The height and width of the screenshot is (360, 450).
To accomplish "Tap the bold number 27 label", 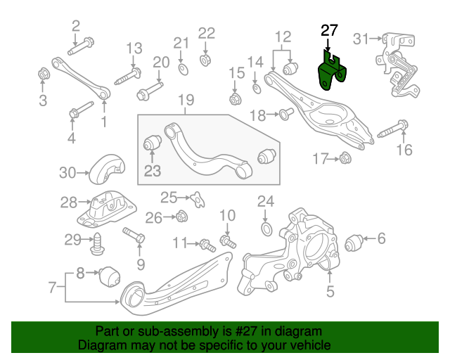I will [329, 30].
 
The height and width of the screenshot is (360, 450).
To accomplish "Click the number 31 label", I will [361, 37].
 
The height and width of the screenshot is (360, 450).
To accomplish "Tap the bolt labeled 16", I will [394, 129].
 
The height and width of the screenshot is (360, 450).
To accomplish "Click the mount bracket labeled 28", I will [109, 207].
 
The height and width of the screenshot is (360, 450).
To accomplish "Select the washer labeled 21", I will [182, 67].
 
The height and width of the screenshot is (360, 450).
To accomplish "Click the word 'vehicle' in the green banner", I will [307, 346].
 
